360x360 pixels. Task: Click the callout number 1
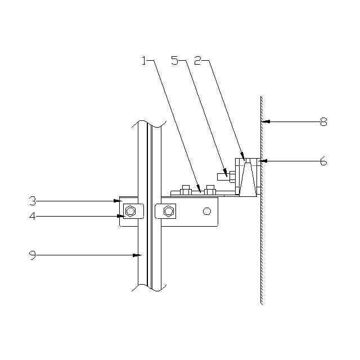(x=144, y=61)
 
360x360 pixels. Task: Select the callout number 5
(x=175, y=61)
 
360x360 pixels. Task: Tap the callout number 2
(x=197, y=61)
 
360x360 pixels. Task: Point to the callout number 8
(x=324, y=122)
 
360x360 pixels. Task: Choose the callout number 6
(x=323, y=161)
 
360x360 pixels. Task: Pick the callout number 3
(x=33, y=201)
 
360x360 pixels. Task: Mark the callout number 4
(x=33, y=216)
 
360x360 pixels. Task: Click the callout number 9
(x=33, y=255)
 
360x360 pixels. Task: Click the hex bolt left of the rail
(x=130, y=211)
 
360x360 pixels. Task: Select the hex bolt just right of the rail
(x=169, y=211)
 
